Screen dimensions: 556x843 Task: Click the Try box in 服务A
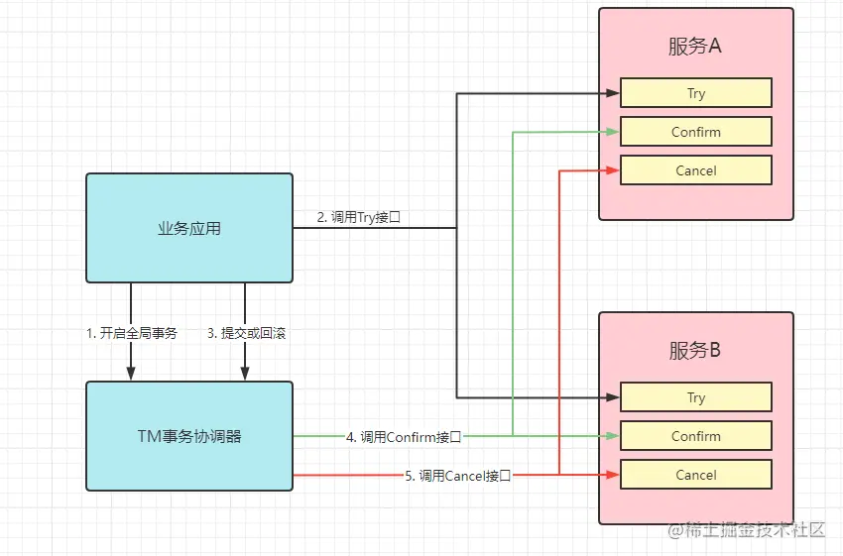(696, 93)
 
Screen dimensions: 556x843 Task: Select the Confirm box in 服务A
(696, 132)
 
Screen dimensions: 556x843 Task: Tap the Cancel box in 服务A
(696, 170)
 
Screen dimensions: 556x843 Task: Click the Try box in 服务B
(696, 397)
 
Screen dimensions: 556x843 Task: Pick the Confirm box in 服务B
(696, 436)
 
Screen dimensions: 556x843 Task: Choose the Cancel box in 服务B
(696, 475)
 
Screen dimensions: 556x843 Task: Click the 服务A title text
(695, 47)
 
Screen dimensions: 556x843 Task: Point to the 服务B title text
(695, 350)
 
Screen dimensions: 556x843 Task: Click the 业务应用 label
(189, 229)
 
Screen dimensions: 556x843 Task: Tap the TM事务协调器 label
(189, 436)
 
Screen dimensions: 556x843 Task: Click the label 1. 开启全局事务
(131, 333)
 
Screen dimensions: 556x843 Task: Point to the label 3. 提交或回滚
(246, 333)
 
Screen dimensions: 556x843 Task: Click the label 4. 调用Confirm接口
(404, 436)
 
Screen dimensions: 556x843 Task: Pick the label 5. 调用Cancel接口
(458, 475)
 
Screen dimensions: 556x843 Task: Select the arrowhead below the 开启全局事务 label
(131, 374)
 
